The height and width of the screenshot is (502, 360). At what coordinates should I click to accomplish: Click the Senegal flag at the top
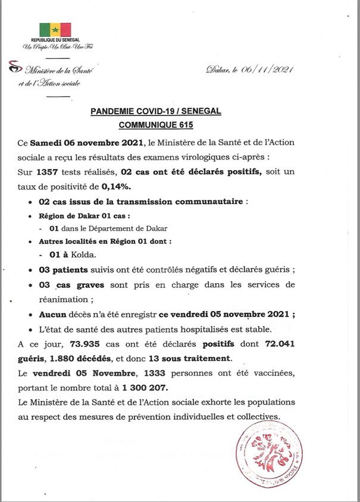click(55, 30)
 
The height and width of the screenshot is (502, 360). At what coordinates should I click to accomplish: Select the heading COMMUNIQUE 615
click(180, 125)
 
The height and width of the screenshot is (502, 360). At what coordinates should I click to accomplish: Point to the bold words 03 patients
click(65, 269)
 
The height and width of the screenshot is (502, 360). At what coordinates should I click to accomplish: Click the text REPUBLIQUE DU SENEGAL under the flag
click(55, 40)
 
